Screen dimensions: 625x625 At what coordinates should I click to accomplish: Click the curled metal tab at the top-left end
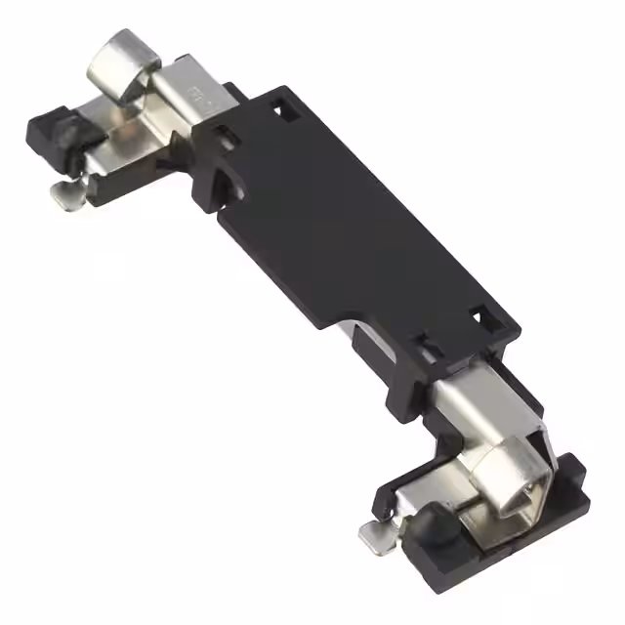[x=122, y=61]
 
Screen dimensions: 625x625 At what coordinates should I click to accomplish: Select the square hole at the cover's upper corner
[x=287, y=104]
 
